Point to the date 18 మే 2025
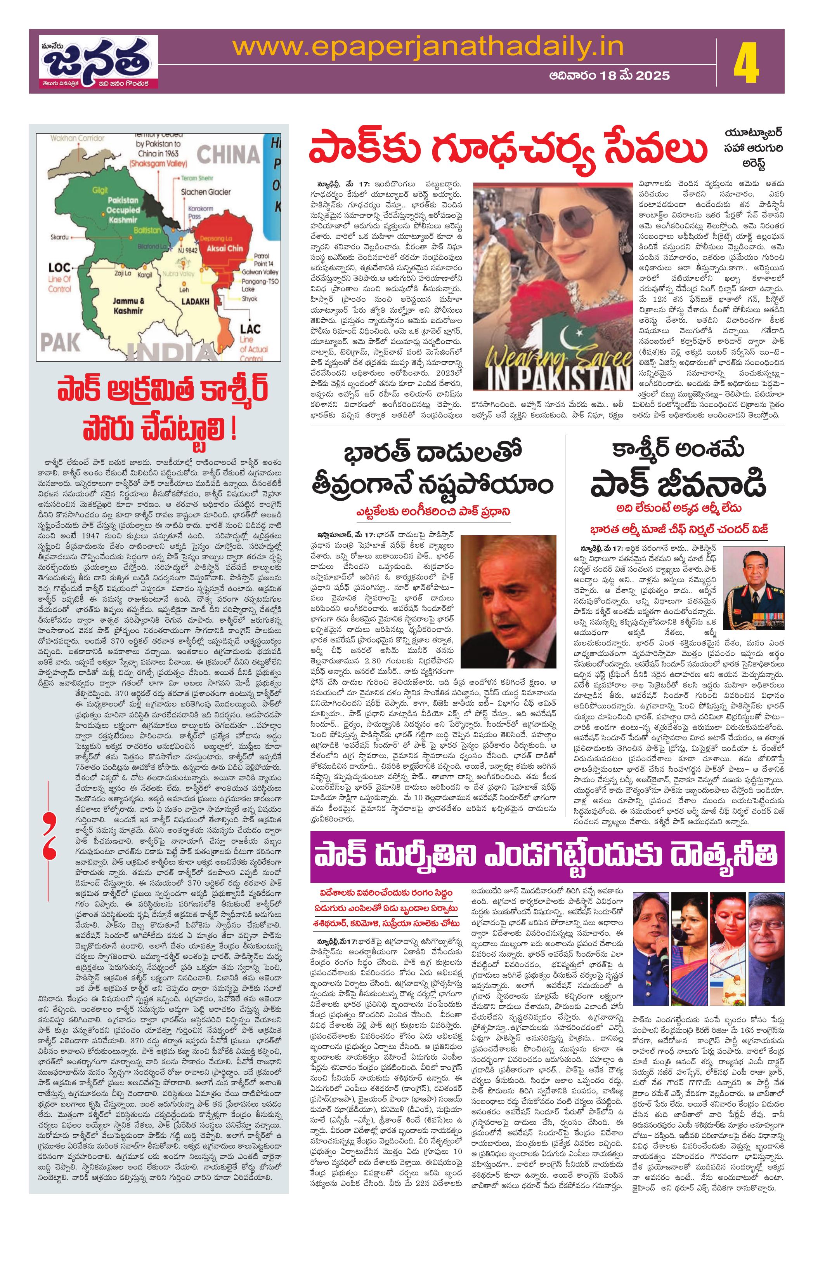609,75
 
